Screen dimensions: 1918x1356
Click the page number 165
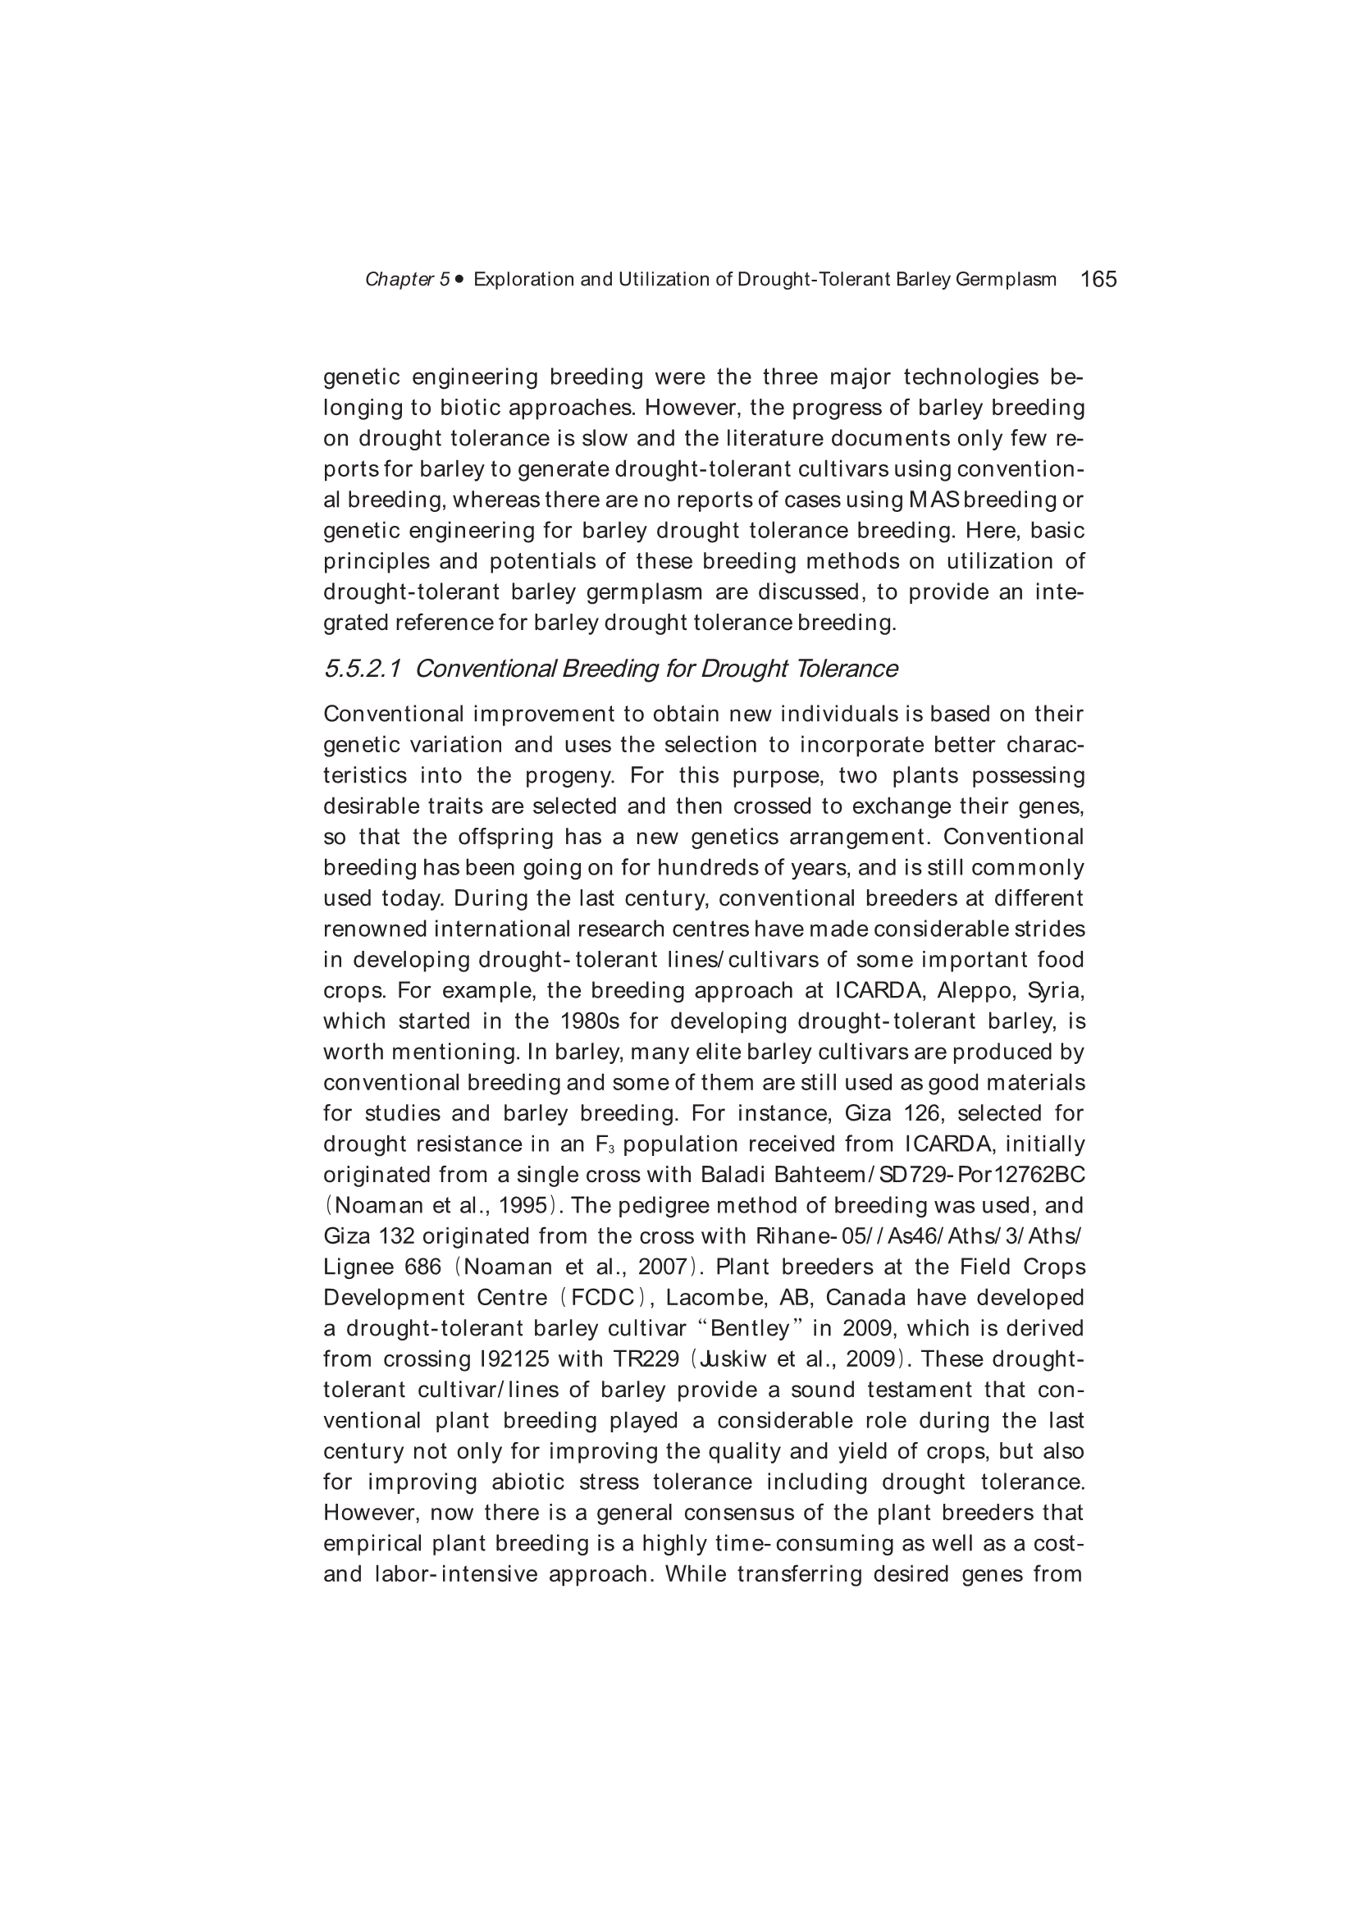click(x=1098, y=279)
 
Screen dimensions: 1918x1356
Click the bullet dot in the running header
click(x=460, y=279)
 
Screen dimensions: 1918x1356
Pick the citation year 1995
click(x=523, y=1205)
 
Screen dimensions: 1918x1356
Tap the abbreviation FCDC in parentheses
click(x=601, y=1298)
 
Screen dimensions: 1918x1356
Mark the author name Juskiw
click(x=735, y=1359)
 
